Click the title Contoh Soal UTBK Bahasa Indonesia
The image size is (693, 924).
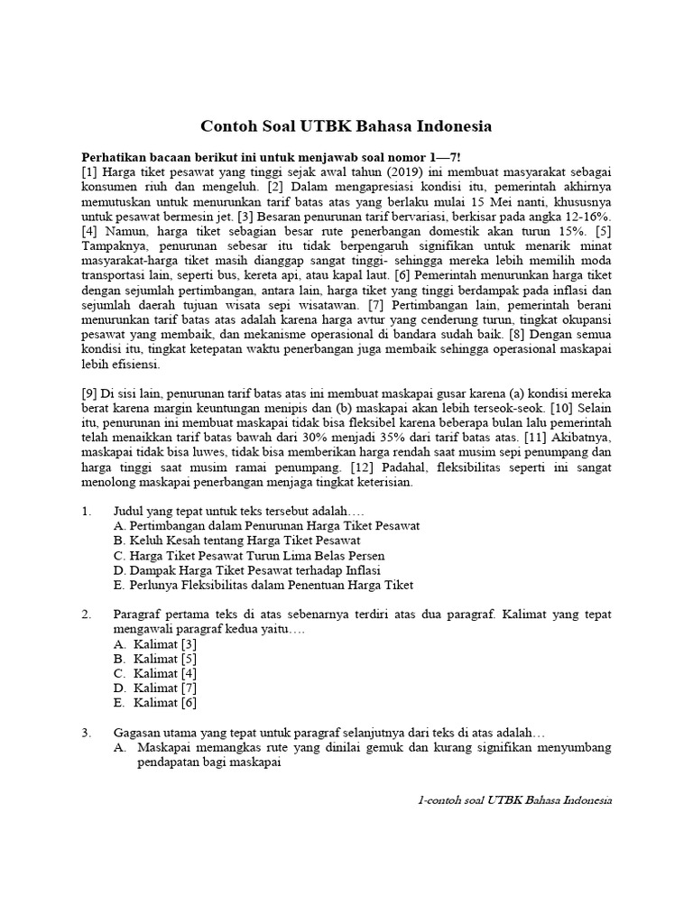346,125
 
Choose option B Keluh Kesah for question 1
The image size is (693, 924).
236,540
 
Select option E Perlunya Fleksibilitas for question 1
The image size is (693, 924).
263,585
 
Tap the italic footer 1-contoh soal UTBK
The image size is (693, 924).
515,800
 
